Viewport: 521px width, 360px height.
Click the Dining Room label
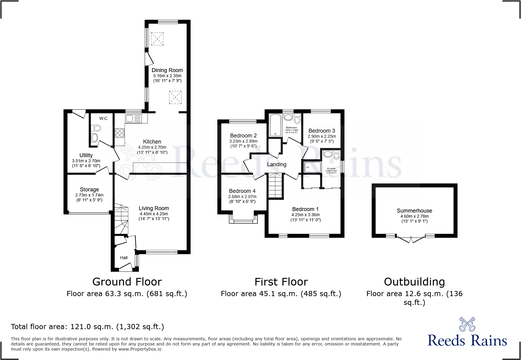click(x=167, y=70)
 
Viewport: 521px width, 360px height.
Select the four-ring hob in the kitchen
click(x=120, y=133)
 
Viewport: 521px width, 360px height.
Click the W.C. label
click(x=104, y=118)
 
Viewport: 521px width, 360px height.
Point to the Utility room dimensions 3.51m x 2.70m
click(x=86, y=161)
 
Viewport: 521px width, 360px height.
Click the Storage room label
click(x=89, y=190)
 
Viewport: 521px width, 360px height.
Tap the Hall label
click(x=124, y=258)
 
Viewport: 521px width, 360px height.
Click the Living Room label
click(x=154, y=208)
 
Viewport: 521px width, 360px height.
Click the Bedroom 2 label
click(x=243, y=136)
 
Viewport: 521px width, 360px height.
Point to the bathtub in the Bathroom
click(x=275, y=125)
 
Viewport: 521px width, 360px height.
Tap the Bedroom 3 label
click(x=322, y=131)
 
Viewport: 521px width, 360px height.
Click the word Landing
click(x=277, y=164)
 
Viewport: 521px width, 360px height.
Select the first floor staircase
click(x=275, y=185)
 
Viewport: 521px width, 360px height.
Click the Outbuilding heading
click(x=414, y=282)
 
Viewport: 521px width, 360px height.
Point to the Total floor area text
click(x=87, y=327)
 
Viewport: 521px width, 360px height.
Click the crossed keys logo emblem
click(x=467, y=324)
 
